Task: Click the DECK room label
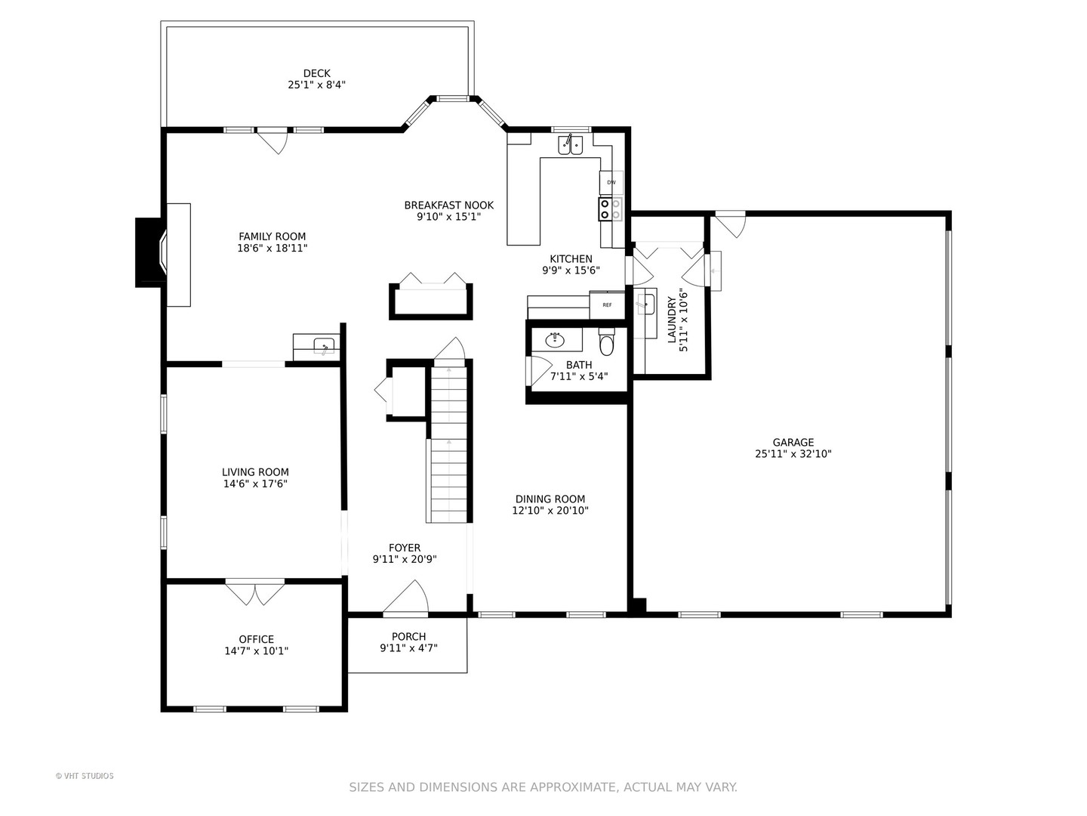316,73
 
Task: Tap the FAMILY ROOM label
273,236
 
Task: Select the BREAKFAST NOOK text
448,205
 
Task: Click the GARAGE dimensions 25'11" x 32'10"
793,454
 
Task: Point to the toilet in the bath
606,341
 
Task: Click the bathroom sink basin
555,340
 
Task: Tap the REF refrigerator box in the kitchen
607,305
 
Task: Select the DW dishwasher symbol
611,183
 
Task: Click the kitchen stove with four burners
610,209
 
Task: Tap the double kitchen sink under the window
571,144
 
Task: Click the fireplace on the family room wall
151,252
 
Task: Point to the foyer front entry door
405,598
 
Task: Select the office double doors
255,592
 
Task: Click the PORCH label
408,637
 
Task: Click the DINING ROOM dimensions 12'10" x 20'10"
550,511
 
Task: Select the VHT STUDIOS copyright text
85,776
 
